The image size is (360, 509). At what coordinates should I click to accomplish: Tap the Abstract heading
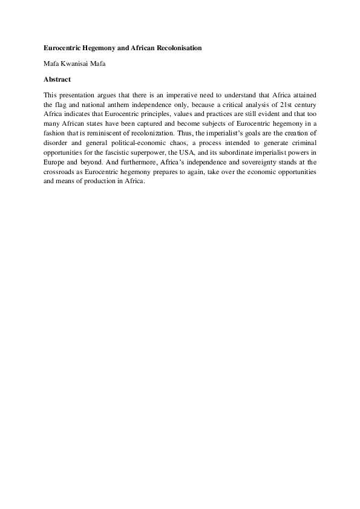click(x=57, y=79)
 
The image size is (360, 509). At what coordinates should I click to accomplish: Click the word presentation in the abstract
click(x=78, y=95)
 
